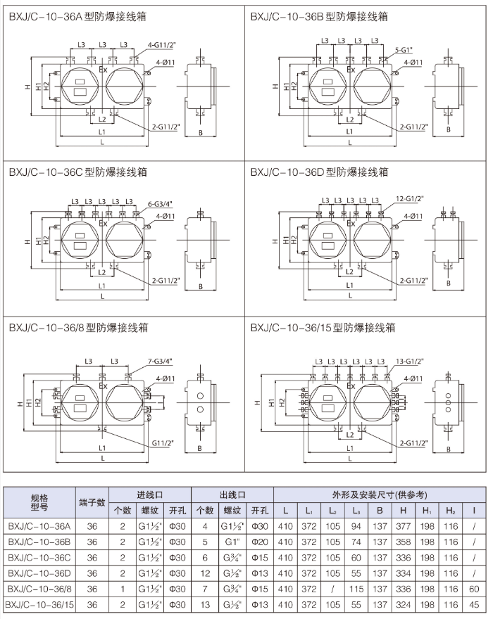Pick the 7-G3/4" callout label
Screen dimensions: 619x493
point(162,360)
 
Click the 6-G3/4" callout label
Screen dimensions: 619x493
point(161,204)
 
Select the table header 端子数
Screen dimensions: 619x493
point(92,502)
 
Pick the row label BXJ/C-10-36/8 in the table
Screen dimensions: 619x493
point(40,588)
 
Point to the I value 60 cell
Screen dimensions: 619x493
point(474,588)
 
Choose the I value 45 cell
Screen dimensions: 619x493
point(474,604)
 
